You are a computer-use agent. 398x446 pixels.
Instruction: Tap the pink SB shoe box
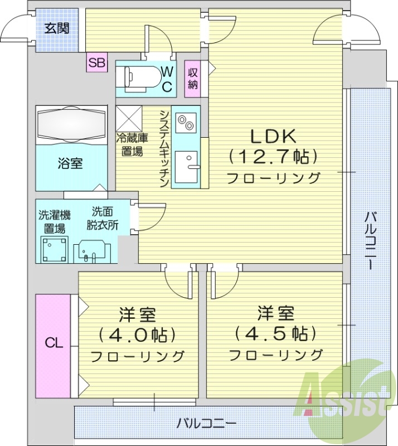click(96, 62)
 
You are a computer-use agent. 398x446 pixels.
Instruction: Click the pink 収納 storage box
click(193, 79)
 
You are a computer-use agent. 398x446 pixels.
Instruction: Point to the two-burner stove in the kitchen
click(186, 121)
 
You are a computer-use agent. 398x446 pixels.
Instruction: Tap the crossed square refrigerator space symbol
click(129, 119)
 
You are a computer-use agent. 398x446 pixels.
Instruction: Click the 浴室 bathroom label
click(70, 164)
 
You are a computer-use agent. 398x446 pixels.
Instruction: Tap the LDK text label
click(273, 136)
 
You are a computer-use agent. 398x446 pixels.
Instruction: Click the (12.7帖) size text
click(273, 157)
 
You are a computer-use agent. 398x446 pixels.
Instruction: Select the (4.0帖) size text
click(137, 334)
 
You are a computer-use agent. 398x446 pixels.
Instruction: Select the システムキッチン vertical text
click(164, 147)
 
